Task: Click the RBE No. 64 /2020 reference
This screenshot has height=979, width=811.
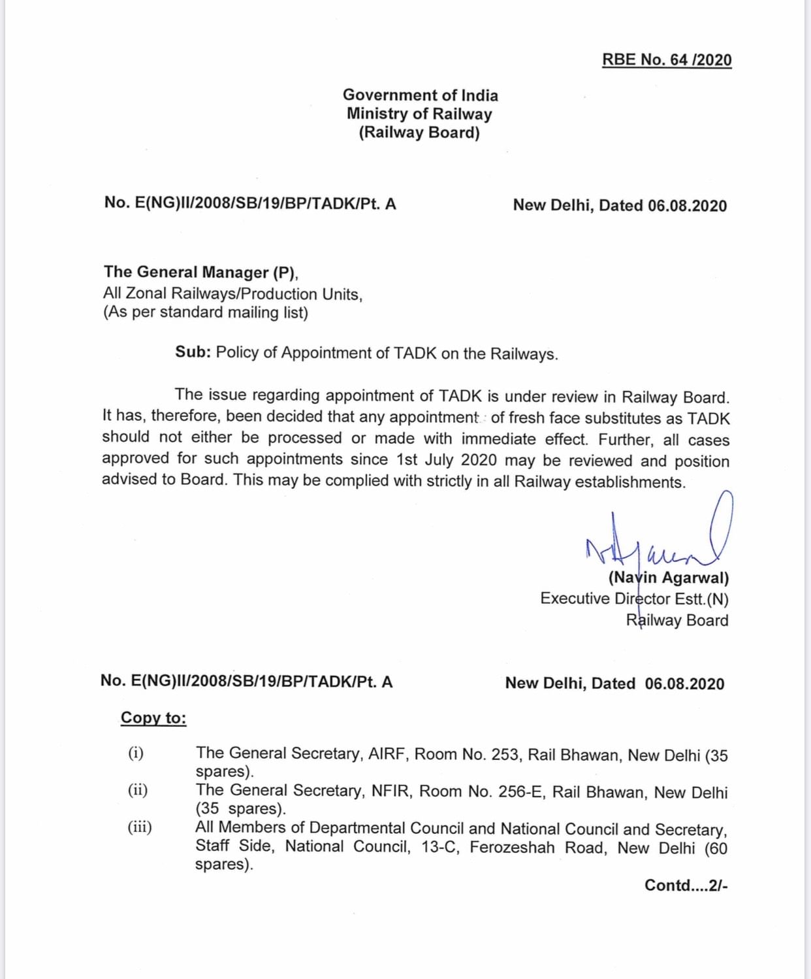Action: [x=667, y=60]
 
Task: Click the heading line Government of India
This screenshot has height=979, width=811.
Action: [x=420, y=95]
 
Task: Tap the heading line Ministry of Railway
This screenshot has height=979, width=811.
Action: [x=419, y=114]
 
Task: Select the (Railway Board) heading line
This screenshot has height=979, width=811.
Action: [x=419, y=133]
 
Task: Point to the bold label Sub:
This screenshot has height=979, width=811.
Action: [x=193, y=352]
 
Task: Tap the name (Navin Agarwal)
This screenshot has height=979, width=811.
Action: [x=669, y=578]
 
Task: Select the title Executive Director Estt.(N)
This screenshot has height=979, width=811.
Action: [x=634, y=599]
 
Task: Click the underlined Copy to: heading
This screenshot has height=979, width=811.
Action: [x=153, y=718]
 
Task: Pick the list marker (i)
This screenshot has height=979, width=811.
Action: [x=136, y=753]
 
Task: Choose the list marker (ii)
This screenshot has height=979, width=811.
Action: [x=138, y=790]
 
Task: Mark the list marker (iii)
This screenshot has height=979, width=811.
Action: [x=140, y=827]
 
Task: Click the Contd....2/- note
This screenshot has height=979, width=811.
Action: [x=686, y=886]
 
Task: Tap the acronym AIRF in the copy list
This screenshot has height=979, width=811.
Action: [x=389, y=754]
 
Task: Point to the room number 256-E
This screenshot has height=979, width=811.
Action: [x=520, y=792]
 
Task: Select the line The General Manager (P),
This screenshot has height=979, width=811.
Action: [x=201, y=273]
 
